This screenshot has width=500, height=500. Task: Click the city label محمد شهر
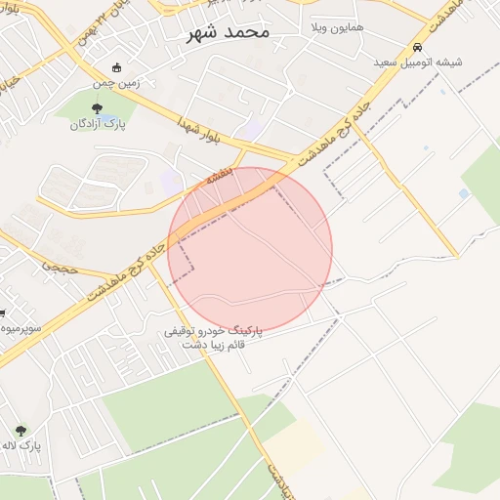point(230,31)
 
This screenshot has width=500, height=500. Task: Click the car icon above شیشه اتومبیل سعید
point(417,47)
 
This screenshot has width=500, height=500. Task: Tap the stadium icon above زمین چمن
point(117,67)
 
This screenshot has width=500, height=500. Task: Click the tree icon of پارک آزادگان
point(95,108)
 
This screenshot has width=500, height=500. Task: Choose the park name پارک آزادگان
point(95,124)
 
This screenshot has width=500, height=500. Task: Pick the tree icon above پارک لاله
point(21,430)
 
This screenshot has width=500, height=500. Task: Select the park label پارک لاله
point(21,445)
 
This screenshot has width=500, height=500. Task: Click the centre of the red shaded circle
point(250,250)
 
